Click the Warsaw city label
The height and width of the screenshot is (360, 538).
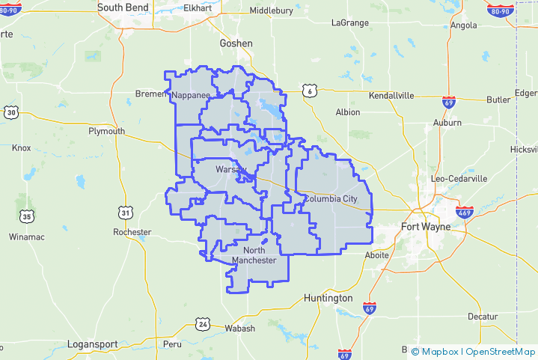[x=230, y=170]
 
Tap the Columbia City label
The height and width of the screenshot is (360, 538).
[x=331, y=199]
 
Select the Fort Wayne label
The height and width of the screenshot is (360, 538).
[x=426, y=227]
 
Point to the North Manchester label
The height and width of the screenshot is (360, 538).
[x=254, y=255]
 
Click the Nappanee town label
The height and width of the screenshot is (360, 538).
[x=191, y=96]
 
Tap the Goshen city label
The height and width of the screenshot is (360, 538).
[x=236, y=43]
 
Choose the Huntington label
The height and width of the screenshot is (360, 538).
[x=328, y=298]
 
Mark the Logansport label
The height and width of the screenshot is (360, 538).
[x=92, y=344]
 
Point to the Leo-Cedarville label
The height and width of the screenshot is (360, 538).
[x=459, y=179]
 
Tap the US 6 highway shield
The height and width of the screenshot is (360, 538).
[x=310, y=91]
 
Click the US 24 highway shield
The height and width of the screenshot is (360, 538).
[x=203, y=324]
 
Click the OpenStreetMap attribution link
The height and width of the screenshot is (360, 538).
[x=501, y=351]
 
